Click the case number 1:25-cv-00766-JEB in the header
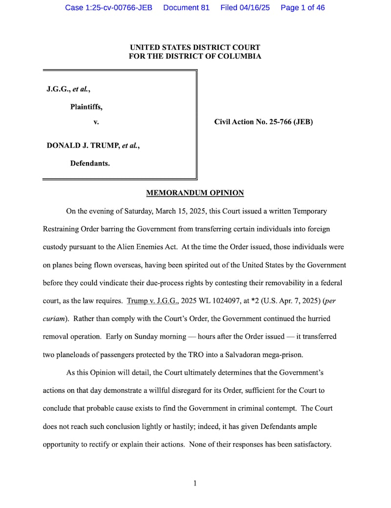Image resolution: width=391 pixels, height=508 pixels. pos(109,8)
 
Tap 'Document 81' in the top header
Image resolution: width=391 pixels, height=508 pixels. pos(186,8)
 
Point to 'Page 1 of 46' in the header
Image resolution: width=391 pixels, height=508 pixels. pos(303,8)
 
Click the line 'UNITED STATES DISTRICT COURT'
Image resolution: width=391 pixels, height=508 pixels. pos(195,47)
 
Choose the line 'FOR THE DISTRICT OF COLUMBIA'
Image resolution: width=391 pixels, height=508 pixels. pos(195,56)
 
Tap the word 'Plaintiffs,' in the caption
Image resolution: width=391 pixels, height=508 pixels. pos(87,107)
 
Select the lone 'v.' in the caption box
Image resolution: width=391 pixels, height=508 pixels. pos(96,122)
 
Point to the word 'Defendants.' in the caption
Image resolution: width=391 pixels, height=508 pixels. pos(90,163)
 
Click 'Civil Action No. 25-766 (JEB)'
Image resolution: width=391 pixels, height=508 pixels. pos(263,122)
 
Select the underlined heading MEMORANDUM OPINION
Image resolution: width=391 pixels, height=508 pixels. pos(195,193)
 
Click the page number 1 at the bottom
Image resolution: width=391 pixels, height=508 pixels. pos(195,484)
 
